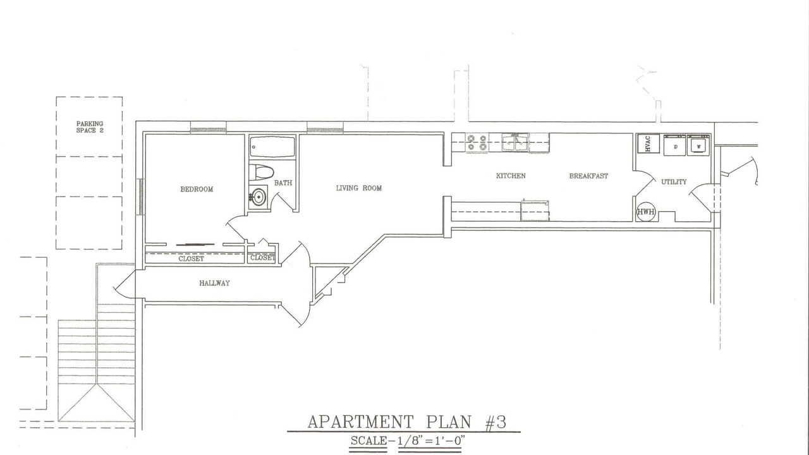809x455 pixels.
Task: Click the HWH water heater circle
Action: [645, 212]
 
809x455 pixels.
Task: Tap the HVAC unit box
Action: [648, 143]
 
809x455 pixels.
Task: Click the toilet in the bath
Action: [262, 173]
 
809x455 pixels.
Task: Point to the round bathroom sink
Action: [259, 197]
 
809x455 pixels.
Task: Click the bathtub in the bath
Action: [272, 147]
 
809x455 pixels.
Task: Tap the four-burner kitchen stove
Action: [477, 142]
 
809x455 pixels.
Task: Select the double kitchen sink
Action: [515, 142]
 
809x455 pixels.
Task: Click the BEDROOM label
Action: [197, 189]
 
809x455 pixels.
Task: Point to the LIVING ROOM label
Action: [358, 188]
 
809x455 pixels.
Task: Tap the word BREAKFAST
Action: [588, 176]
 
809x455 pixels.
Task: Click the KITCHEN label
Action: [511, 176]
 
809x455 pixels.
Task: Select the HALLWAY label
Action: [214, 283]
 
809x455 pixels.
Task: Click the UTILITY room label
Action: [674, 182]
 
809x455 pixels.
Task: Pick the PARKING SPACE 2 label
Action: [90, 127]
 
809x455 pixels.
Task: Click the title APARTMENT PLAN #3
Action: [407, 422]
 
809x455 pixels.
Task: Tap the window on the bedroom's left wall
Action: [141, 197]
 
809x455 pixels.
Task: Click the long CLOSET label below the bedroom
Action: [191, 258]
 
